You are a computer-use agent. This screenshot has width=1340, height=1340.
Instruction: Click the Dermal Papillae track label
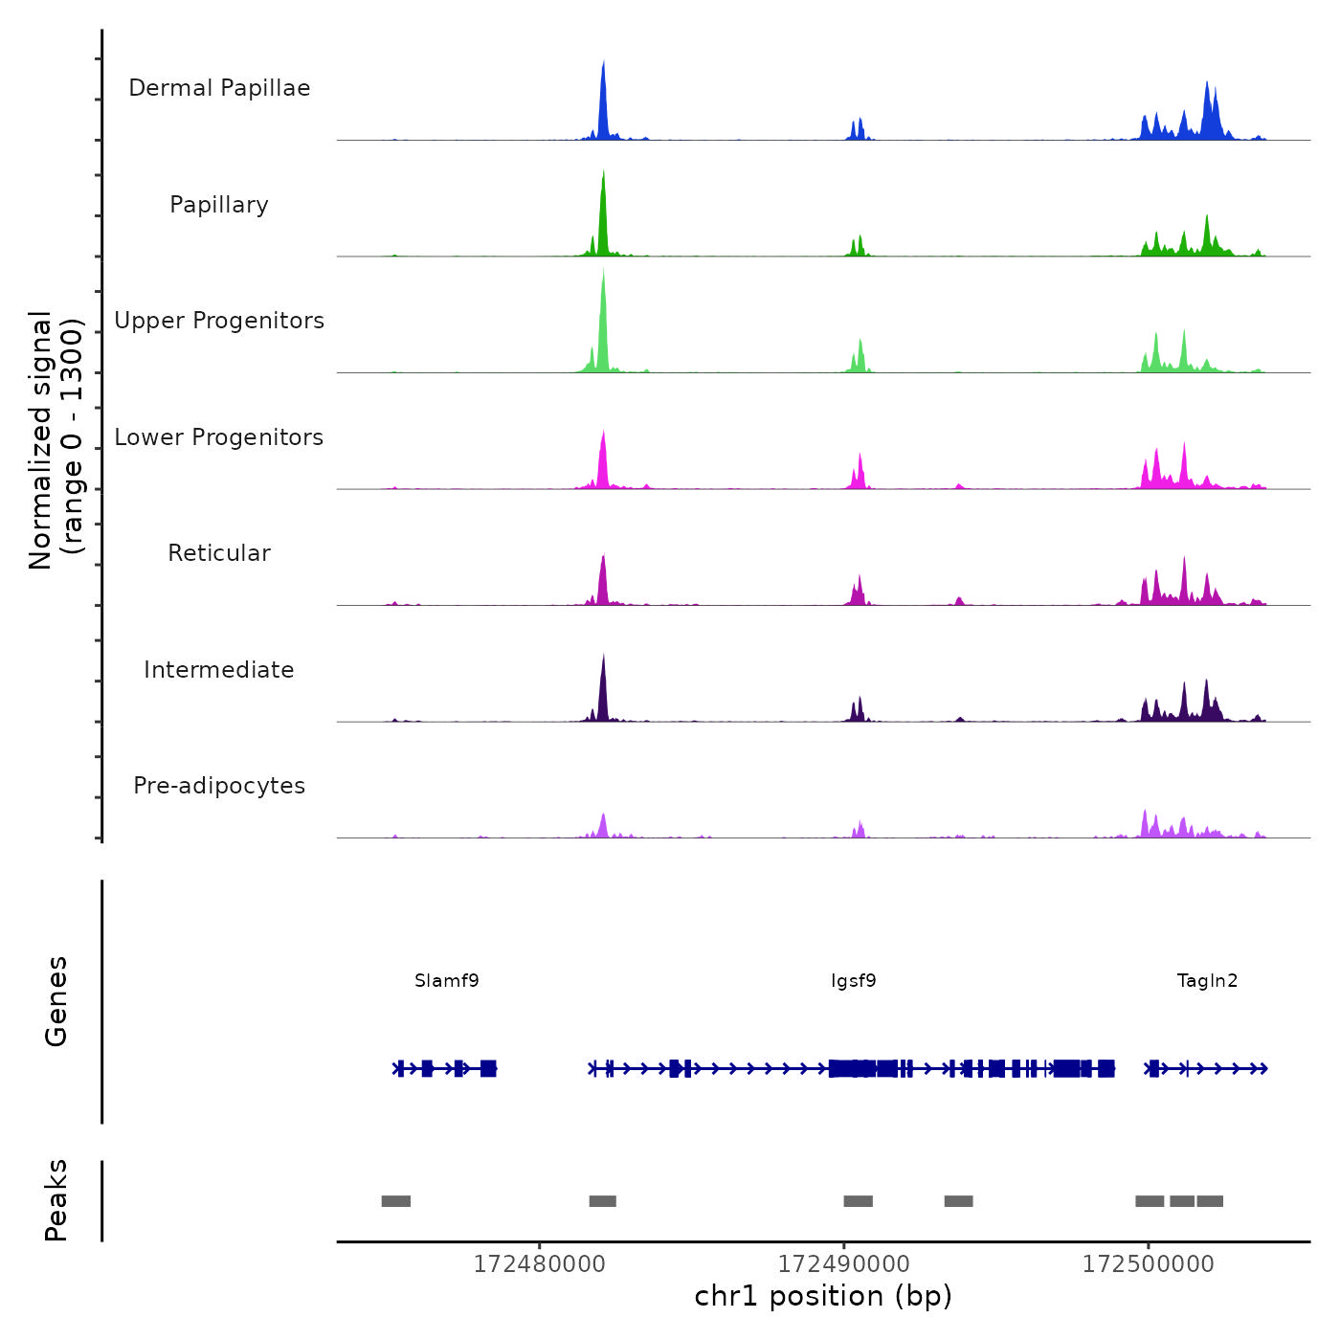(x=219, y=88)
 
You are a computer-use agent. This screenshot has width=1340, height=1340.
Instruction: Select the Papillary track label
(x=219, y=205)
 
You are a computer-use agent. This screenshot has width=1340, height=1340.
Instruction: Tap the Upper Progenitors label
(x=219, y=321)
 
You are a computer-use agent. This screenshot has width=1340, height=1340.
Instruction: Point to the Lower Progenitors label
(x=219, y=437)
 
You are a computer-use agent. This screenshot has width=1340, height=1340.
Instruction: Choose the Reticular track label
(x=219, y=553)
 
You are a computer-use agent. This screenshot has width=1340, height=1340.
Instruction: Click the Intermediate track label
(x=219, y=670)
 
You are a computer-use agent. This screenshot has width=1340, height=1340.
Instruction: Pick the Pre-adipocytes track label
(x=219, y=786)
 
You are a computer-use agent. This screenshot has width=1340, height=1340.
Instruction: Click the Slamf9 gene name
(x=447, y=980)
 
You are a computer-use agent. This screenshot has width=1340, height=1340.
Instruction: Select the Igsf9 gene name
(x=854, y=980)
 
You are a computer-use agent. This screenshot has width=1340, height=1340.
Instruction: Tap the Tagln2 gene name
(x=1207, y=980)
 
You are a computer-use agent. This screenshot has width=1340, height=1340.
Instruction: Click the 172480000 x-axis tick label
(x=540, y=1264)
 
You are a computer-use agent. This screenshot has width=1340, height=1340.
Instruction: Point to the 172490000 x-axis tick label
(x=844, y=1264)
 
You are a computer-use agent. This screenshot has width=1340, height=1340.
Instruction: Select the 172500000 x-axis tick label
(x=1149, y=1264)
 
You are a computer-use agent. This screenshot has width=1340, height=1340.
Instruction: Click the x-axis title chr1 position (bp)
(x=823, y=1296)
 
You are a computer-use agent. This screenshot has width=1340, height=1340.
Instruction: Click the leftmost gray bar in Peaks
(x=396, y=1201)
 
